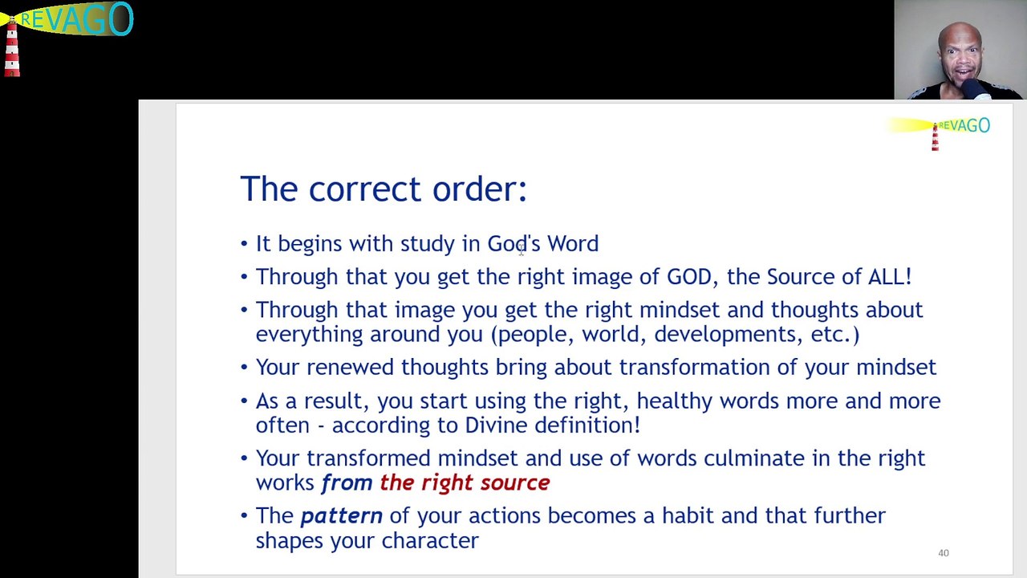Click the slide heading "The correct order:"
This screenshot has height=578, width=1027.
384,189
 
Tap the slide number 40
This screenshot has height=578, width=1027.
943,553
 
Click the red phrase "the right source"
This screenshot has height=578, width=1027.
465,482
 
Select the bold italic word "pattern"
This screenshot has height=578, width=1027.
342,516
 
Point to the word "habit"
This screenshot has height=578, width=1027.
688,515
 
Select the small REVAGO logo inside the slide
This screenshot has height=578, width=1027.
938,132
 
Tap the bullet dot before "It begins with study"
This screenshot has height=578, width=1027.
244,243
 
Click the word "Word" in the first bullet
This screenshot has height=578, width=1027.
573,243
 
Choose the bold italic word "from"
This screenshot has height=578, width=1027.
347,482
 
